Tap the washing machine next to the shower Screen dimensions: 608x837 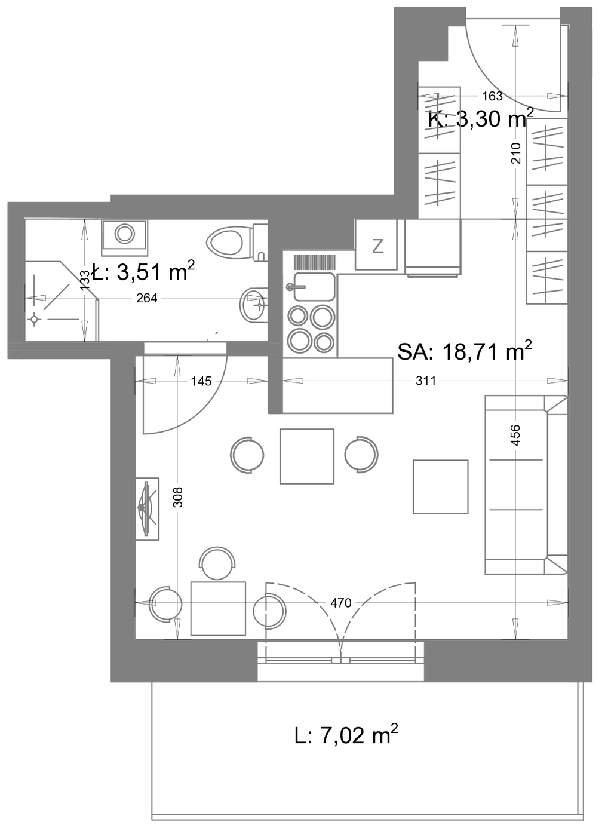pyautogui.click(x=125, y=237)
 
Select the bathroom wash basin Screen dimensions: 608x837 pyautogui.click(x=254, y=305)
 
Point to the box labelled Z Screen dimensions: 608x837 pyautogui.click(x=376, y=244)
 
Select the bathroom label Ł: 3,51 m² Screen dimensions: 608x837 pyautogui.click(x=143, y=271)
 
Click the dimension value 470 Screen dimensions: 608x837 pyautogui.click(x=340, y=603)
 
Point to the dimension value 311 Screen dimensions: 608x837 pyautogui.click(x=426, y=381)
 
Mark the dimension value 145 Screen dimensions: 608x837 pyautogui.click(x=201, y=381)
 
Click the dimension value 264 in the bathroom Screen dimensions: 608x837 pyautogui.click(x=147, y=298)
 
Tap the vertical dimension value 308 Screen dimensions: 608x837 pyautogui.click(x=179, y=496)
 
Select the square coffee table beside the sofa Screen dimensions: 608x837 pyautogui.click(x=440, y=487)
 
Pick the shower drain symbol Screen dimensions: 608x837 pyautogui.click(x=35, y=320)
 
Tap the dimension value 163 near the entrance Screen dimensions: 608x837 pyautogui.click(x=492, y=96)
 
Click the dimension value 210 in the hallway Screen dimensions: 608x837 pyautogui.click(x=516, y=153)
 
